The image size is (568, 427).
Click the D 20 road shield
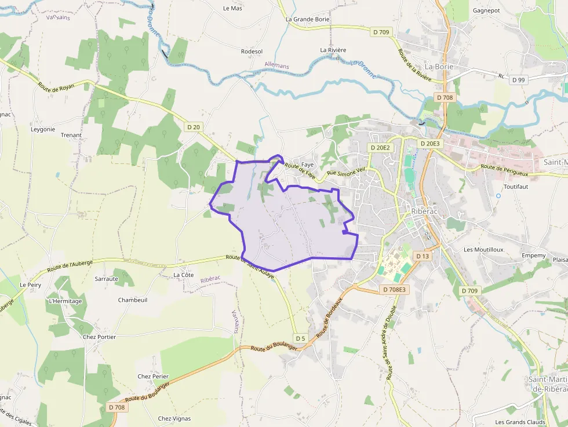tap(194, 126)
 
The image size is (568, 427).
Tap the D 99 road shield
tap(518, 80)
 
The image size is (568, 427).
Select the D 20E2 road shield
tap(380, 148)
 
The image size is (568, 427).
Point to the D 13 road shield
tap(423, 256)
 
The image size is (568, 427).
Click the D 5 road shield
tap(300, 338)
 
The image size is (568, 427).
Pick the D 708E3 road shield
tap(395, 289)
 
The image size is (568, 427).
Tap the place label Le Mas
tap(232, 8)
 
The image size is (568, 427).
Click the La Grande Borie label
tap(308, 19)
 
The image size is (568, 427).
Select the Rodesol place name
tap(252, 52)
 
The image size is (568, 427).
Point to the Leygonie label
tap(43, 129)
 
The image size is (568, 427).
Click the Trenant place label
tap(71, 135)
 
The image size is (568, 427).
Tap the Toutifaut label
tap(516, 187)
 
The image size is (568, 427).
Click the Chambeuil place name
tap(133, 300)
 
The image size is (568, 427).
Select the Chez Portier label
tap(99, 337)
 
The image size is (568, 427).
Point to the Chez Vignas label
tap(174, 418)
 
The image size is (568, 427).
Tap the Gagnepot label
tap(486, 10)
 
